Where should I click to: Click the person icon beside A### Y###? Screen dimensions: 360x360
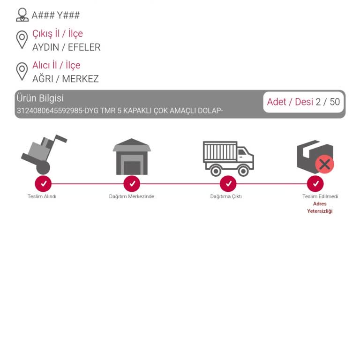[22, 15]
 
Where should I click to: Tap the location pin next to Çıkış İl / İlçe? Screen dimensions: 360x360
[22, 39]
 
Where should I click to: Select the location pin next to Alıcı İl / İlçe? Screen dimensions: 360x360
[22, 71]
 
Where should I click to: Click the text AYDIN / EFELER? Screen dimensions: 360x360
[67, 47]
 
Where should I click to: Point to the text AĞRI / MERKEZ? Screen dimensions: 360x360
[66, 79]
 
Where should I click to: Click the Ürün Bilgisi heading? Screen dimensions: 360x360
[40, 98]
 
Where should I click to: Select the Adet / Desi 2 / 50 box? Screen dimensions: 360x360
[303, 102]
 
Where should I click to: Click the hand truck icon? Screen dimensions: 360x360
[44, 154]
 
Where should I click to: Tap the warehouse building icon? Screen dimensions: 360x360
[132, 157]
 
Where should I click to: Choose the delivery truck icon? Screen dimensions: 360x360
[228, 158]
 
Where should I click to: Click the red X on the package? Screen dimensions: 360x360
[325, 165]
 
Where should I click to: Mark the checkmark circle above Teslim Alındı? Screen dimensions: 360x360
[43, 184]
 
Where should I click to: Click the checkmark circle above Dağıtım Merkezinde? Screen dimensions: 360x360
[132, 184]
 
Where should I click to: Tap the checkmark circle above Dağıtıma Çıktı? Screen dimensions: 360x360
[228, 184]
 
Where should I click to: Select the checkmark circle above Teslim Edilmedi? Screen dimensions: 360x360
[315, 184]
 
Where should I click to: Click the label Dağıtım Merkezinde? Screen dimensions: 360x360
[132, 196]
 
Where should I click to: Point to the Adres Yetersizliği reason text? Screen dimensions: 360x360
[320, 207]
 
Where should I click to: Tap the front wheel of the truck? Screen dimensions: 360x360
[243, 171]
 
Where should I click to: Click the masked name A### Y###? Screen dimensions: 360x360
[56, 15]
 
